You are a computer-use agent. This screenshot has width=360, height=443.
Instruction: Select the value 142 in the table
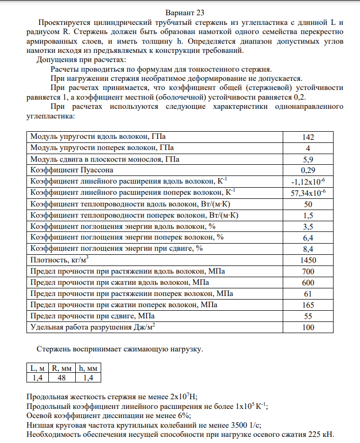click(x=308, y=137)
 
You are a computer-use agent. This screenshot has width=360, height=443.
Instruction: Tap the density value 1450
click(x=308, y=260)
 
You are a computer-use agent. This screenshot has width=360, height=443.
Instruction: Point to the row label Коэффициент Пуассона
click(x=72, y=169)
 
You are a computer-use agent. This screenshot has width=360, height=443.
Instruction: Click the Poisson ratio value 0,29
click(x=308, y=170)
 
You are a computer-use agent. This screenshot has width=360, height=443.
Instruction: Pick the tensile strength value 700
click(x=308, y=271)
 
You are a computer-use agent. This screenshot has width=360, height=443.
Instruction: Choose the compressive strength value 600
click(x=308, y=282)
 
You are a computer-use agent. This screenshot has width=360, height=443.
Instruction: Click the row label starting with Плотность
click(x=56, y=260)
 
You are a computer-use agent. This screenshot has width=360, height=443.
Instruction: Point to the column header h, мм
click(x=88, y=368)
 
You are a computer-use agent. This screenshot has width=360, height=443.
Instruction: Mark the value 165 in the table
click(x=308, y=305)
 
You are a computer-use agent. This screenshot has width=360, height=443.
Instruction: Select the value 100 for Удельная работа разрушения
click(x=308, y=327)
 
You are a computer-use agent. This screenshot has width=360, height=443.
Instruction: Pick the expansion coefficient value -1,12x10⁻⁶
click(x=308, y=181)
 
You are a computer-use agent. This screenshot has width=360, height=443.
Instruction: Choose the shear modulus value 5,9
click(x=308, y=159)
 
